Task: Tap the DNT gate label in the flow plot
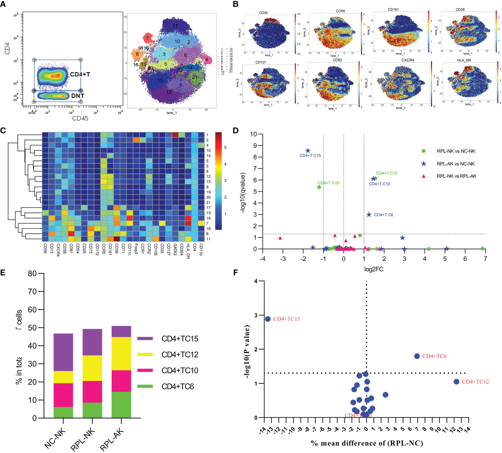(x=77, y=96)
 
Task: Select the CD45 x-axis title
(x=80, y=118)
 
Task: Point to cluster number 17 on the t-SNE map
(x=175, y=26)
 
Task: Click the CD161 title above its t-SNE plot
(x=393, y=10)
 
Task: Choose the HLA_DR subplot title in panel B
(x=464, y=60)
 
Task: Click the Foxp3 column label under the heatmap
(x=136, y=249)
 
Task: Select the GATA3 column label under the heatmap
(x=175, y=250)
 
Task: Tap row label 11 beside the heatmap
(x=208, y=239)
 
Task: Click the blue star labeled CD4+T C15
(x=308, y=151)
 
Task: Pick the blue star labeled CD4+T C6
(x=369, y=215)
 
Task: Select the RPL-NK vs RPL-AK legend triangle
(x=423, y=176)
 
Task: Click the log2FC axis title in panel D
(x=374, y=269)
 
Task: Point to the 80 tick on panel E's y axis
(x=32, y=273)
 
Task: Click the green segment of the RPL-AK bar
(x=121, y=405)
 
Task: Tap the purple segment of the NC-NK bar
(x=63, y=352)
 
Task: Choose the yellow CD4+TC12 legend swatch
(x=145, y=354)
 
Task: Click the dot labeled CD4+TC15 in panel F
(x=268, y=319)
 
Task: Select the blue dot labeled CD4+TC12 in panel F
(x=456, y=382)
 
